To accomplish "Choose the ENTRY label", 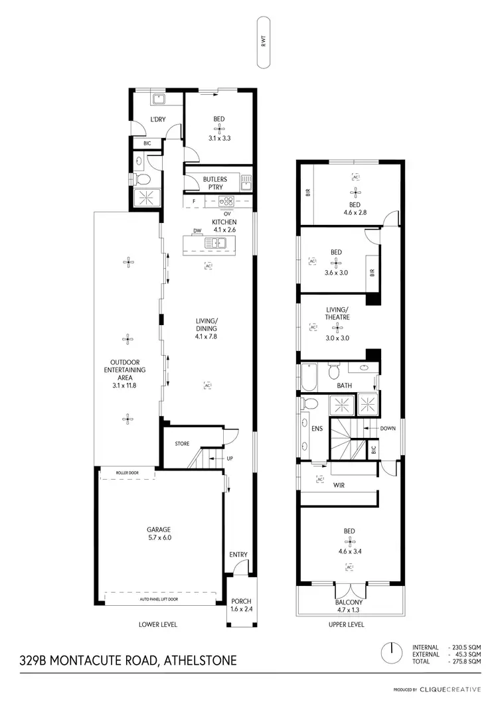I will pos(238,555).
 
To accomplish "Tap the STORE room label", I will pos(182,444).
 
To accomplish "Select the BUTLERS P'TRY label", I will pos(215,183).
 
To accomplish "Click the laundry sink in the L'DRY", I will pos(159,100).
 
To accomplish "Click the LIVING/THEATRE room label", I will pos(337,313).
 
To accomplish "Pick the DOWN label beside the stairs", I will pos(388,429).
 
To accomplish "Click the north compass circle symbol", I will pos(392,650).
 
